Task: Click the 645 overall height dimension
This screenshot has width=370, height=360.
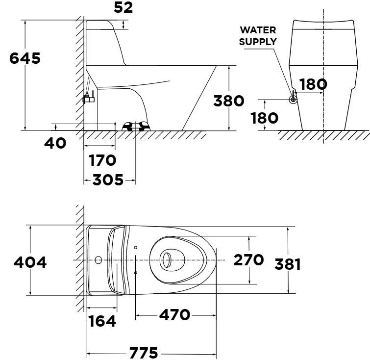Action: pos(25,58)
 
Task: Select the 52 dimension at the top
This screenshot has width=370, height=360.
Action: pos(123,7)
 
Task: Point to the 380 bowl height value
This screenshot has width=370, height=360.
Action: pos(229,101)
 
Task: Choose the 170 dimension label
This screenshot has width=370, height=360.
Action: pos(102,160)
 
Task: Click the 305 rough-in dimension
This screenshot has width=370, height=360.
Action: pos(108,180)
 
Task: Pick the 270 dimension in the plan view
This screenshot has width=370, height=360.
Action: pos(248,260)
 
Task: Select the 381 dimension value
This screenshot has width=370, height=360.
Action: pos(288,264)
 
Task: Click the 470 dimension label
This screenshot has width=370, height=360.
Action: pos(174,314)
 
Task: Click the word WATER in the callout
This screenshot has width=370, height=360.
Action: pos(258,31)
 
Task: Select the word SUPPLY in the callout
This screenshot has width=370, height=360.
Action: pos(258,42)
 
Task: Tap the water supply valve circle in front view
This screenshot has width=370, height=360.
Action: pos(293,100)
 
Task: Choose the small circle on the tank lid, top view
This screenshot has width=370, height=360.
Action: pos(99,259)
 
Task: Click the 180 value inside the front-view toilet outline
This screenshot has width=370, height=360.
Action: pos(313,84)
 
